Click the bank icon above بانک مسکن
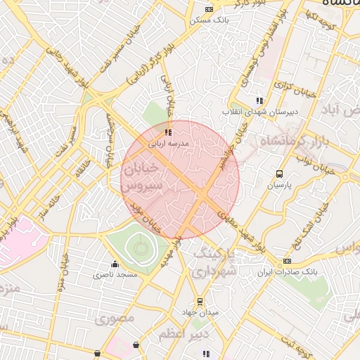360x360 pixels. (x=208, y=9)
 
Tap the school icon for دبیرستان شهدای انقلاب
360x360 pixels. (x=259, y=101)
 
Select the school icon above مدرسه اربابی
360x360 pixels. (x=167, y=131)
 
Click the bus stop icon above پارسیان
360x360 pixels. (x=280, y=174)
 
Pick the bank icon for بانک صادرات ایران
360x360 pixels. (x=287, y=261)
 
